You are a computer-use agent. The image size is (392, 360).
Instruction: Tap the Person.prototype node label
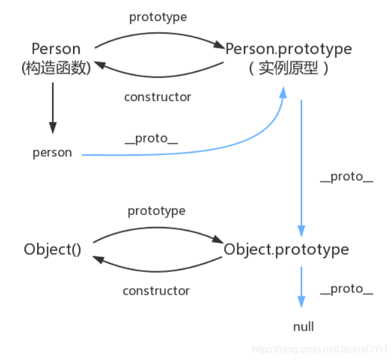(x=288, y=49)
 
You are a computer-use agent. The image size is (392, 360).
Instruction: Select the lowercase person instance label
(x=52, y=153)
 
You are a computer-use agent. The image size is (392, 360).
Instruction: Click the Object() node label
(x=53, y=249)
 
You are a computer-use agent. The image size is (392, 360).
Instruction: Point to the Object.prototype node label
(x=286, y=249)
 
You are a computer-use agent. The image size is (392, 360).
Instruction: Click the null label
(x=303, y=327)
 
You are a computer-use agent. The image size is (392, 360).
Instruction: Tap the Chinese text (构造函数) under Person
(x=55, y=68)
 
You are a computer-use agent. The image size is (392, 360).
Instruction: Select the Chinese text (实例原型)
(x=288, y=68)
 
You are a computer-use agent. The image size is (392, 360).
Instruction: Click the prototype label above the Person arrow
(x=158, y=17)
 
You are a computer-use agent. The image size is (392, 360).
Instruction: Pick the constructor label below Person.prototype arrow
(x=158, y=96)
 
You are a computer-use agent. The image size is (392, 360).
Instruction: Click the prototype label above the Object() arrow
(x=156, y=211)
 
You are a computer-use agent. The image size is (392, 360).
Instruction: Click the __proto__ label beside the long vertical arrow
(x=346, y=177)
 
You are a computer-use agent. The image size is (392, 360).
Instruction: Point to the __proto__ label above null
(x=346, y=289)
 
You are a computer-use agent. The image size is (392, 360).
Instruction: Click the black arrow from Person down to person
(x=53, y=108)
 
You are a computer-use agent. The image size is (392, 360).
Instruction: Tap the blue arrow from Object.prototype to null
(x=301, y=288)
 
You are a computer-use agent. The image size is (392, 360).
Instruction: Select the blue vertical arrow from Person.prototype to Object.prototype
(x=301, y=168)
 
